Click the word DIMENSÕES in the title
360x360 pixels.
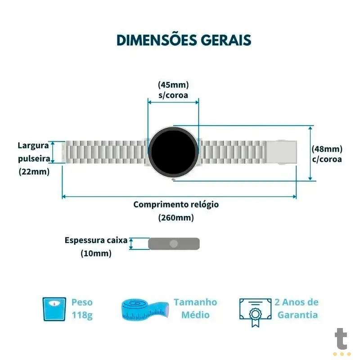[157, 40]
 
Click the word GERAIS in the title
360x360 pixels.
[226, 40]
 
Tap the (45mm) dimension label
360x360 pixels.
[173, 85]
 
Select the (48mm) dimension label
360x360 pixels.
[327, 149]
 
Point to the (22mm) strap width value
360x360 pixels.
[34, 171]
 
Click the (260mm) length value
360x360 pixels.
[176, 217]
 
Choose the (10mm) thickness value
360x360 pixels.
[96, 253]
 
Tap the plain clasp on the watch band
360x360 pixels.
[282, 152]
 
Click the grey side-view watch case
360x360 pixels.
[174, 243]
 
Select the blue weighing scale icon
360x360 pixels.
[54, 309]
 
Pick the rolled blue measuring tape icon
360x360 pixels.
[145, 310]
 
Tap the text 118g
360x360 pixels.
[82, 315]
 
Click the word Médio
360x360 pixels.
[195, 315]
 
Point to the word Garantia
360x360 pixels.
[297, 315]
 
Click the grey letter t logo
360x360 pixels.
[341, 339]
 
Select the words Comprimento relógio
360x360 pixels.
[176, 205]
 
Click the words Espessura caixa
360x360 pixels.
[96, 240]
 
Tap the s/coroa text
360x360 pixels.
[173, 95]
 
